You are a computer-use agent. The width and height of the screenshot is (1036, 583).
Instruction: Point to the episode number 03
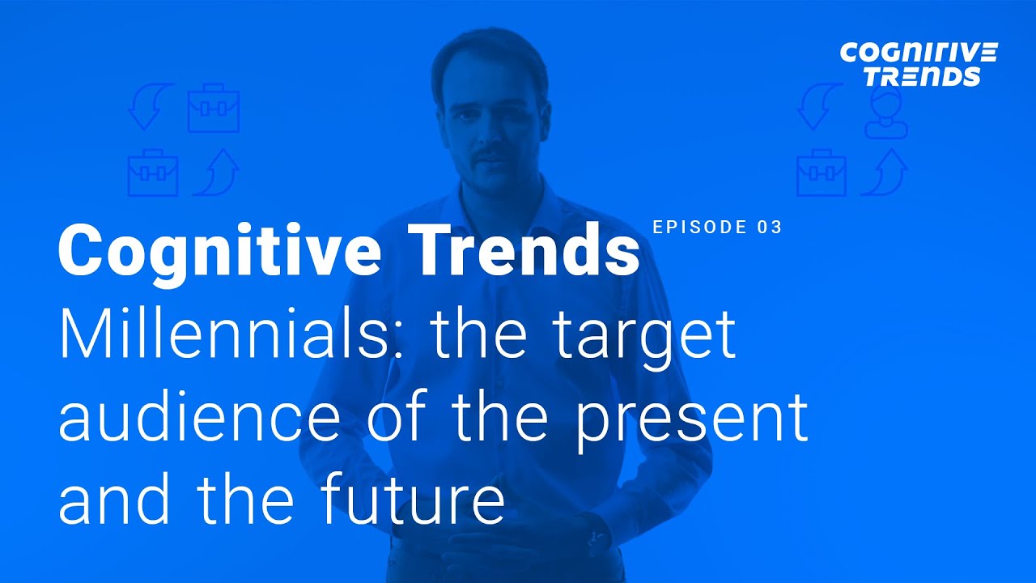click(x=771, y=227)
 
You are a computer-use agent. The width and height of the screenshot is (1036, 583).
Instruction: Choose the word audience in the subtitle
click(x=199, y=417)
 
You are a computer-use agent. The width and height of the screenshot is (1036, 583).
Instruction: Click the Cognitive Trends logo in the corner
click(x=918, y=65)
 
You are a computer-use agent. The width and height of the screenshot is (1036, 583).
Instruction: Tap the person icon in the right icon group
click(x=885, y=113)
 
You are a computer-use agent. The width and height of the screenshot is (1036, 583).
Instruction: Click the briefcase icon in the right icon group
click(x=821, y=172)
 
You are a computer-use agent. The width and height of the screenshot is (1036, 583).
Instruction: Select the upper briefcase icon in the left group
click(x=214, y=109)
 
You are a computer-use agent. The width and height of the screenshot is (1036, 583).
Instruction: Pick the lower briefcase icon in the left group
click(x=152, y=172)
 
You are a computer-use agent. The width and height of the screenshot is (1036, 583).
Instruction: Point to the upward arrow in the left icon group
click(x=216, y=172)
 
